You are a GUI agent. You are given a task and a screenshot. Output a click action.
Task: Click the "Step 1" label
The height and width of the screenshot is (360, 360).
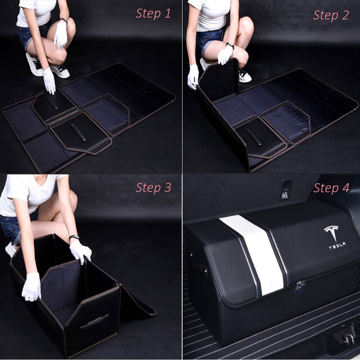153,14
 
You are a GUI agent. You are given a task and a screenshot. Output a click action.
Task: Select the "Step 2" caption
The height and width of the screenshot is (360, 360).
331,15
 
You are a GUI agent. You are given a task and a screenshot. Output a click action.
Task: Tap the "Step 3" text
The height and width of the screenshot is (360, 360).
153,188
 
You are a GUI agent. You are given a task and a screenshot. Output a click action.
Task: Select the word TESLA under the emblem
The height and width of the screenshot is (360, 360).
337,246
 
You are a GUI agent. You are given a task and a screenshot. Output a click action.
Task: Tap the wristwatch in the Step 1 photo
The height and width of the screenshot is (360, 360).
64,21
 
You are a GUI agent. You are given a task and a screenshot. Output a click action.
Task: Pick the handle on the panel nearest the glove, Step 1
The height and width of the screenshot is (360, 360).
52,103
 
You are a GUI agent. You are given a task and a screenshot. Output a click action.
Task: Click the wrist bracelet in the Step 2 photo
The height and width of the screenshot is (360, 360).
230,46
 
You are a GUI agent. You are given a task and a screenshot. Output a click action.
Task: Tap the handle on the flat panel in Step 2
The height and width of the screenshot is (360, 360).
254,137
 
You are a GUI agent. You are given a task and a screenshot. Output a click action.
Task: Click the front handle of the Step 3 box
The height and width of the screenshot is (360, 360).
94,321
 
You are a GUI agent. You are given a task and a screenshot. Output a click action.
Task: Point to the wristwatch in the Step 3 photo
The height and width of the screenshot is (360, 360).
74,238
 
